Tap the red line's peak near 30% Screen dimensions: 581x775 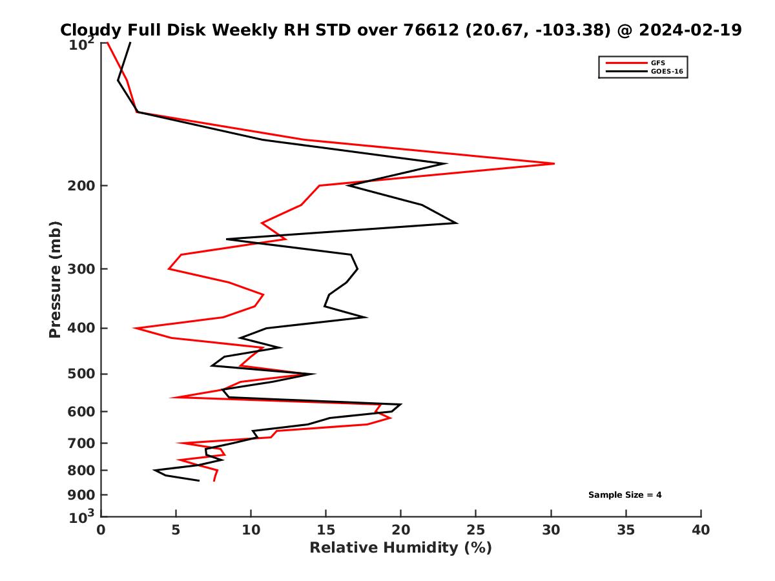pos(554,163)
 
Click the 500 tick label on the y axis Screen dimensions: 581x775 pos(82,374)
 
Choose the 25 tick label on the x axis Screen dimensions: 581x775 pos(476,530)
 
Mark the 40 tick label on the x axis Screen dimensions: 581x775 pos(701,530)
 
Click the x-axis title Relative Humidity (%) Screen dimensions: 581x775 pos(400,548)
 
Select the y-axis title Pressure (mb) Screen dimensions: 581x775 pos(55,279)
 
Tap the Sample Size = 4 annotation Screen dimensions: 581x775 pos(625,495)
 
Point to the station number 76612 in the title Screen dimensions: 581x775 pos(423,30)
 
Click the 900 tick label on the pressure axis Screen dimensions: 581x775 pos(82,495)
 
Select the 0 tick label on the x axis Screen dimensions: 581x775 pos(101,530)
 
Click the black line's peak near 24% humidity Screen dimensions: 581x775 pos(457,223)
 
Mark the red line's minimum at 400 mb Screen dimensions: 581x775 pos(134,328)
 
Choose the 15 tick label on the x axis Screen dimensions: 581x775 pos(326,530)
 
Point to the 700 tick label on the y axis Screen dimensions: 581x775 pos(82,443)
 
